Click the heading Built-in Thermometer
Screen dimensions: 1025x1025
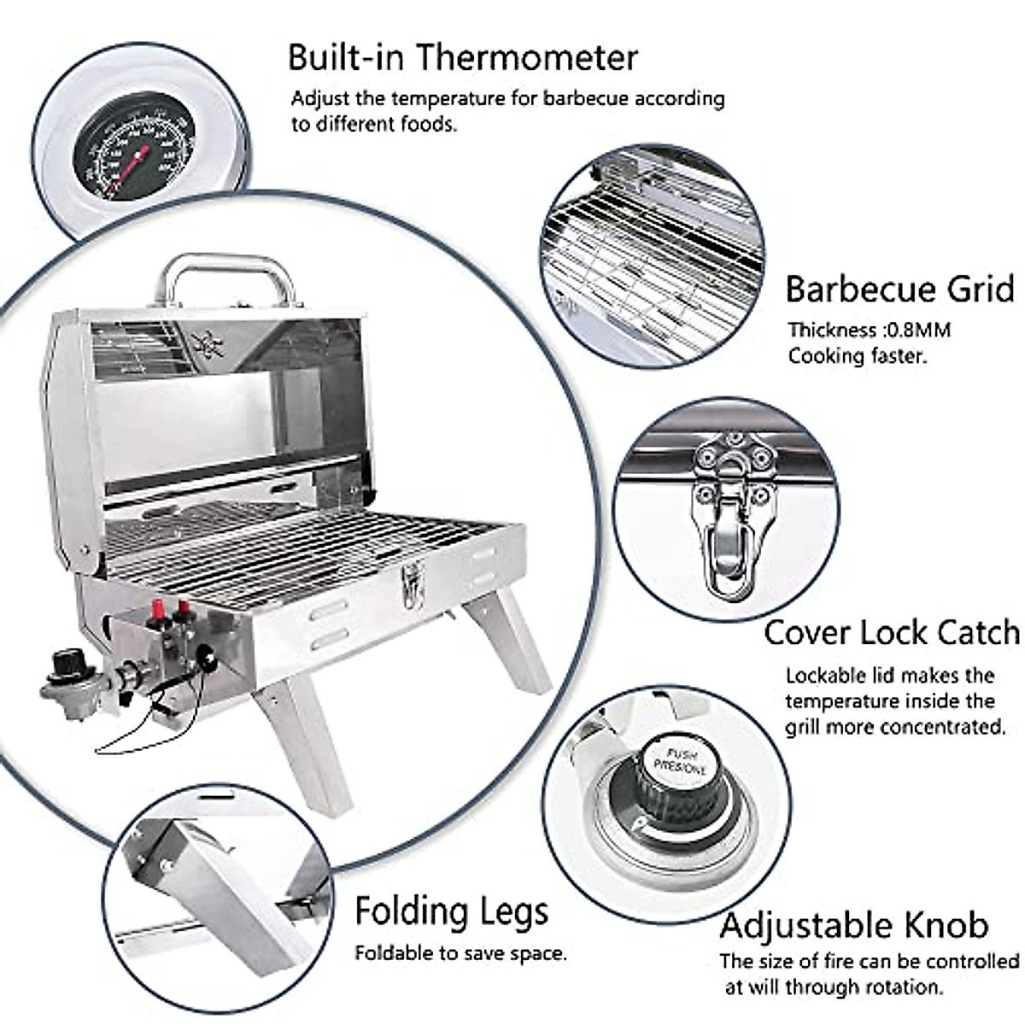(462, 57)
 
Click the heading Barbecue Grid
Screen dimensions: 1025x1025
(899, 290)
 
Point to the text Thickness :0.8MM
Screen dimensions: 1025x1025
(869, 330)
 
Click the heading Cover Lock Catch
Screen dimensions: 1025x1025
(891, 633)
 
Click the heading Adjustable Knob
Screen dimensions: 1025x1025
(853, 925)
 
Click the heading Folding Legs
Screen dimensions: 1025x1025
(451, 911)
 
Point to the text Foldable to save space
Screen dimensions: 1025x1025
(460, 952)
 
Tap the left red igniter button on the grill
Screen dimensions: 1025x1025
(157, 612)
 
